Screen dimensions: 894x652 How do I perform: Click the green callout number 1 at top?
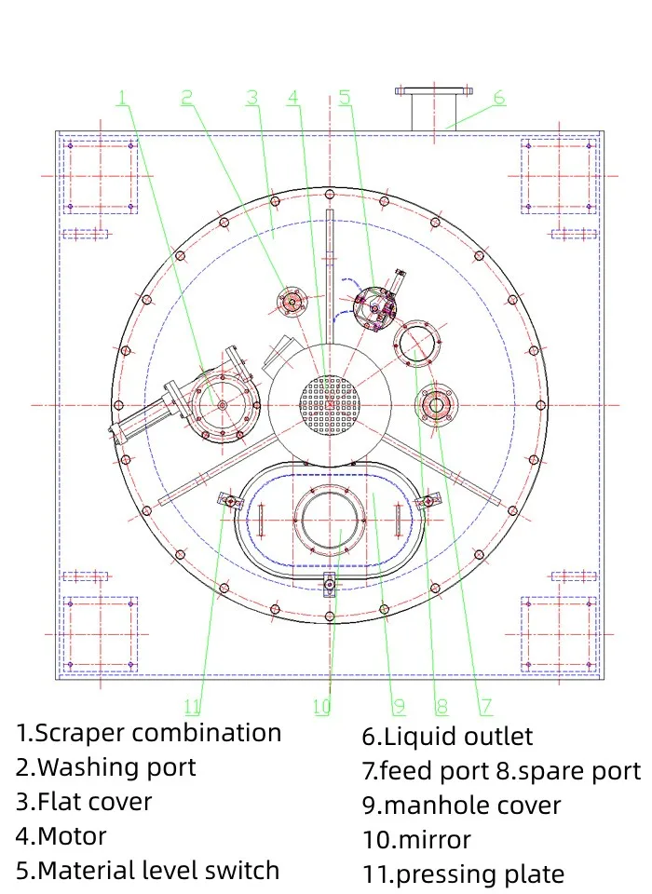123,97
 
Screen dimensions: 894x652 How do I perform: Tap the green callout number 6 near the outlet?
499,97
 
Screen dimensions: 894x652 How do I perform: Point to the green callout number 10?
321,707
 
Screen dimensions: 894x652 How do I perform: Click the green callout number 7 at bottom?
486,707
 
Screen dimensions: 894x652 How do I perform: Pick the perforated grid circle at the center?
328,404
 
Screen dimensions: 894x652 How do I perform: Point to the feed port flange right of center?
435,404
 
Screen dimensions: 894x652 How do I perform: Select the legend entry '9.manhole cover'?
461,806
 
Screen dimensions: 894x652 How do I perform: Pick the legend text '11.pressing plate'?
463,874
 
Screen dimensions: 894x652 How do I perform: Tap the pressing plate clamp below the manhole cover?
328,585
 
